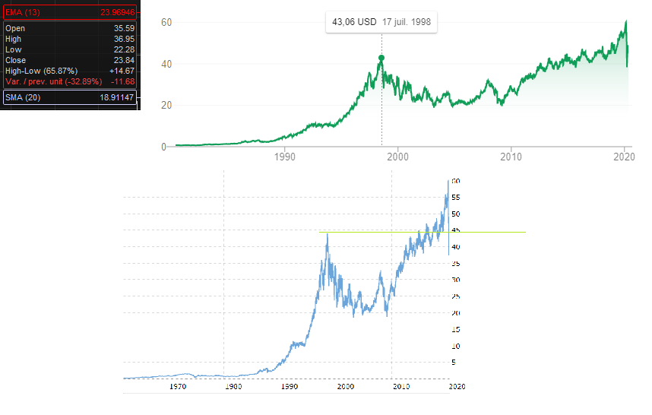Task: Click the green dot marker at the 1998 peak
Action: [x=381, y=58]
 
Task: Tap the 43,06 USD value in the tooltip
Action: [x=355, y=22]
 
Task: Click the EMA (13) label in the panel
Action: [x=22, y=13]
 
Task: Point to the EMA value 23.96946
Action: [x=117, y=13]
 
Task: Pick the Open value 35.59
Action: [x=124, y=28]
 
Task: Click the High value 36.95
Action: [x=124, y=39]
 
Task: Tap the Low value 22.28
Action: [x=124, y=49]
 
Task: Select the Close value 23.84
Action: [x=124, y=60]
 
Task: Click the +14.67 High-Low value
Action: [x=122, y=71]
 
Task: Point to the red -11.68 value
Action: [x=123, y=81]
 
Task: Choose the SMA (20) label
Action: [x=22, y=97]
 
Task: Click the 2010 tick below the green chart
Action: [x=511, y=157]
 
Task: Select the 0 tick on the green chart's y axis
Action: [x=164, y=147]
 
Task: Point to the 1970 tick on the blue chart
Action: [x=178, y=387]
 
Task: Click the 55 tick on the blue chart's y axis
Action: [x=456, y=198]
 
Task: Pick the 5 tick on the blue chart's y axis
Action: [x=454, y=363]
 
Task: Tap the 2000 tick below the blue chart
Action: [x=347, y=387]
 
